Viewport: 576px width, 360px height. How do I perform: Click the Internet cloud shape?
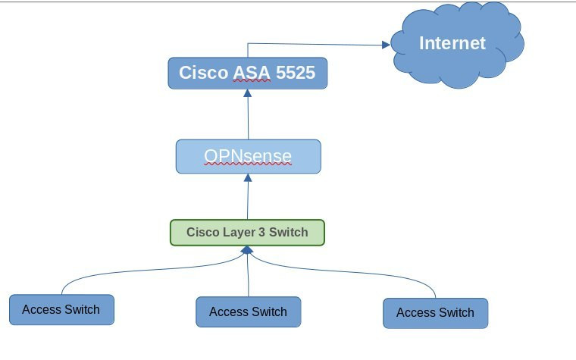point(457,45)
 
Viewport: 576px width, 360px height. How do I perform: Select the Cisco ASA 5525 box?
point(248,73)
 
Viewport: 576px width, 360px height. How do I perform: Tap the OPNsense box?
point(249,156)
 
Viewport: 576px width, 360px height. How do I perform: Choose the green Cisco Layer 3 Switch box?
point(247,233)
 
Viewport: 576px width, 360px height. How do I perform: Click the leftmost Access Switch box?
point(61,310)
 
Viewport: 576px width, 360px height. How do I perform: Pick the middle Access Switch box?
point(249,312)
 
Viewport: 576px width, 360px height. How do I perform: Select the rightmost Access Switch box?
point(435,313)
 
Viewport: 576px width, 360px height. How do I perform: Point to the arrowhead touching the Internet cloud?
point(386,45)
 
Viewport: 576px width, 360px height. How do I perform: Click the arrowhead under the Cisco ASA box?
point(248,93)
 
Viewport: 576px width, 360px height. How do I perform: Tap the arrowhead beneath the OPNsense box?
point(248,178)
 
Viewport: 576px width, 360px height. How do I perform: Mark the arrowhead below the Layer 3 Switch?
point(247,250)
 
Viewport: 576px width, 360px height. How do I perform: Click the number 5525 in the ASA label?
point(296,73)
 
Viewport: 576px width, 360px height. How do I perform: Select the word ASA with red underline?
point(252,73)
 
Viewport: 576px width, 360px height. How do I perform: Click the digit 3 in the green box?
point(261,232)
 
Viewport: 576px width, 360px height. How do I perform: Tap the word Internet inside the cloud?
point(452,43)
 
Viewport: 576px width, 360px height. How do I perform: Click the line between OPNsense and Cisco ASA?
point(248,118)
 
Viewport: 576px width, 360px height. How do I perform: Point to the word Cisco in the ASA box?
point(204,73)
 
